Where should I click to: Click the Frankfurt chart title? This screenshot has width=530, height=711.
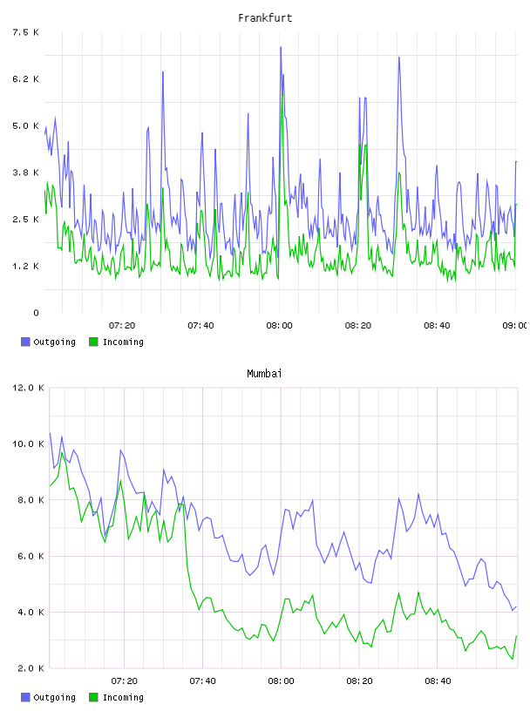click(x=265, y=18)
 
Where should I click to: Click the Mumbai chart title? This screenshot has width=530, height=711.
click(x=264, y=374)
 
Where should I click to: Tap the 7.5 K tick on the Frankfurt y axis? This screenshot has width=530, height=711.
click(x=26, y=32)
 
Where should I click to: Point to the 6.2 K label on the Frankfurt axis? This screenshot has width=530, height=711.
click(x=26, y=79)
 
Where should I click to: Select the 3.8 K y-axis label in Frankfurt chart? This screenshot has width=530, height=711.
click(x=26, y=173)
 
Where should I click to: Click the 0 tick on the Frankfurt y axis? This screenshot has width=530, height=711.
click(x=37, y=313)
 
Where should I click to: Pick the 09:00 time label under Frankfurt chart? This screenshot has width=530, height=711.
click(x=515, y=326)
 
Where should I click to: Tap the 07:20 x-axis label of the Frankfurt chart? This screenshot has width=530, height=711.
click(x=122, y=326)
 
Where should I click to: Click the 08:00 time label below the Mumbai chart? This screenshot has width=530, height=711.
click(x=281, y=681)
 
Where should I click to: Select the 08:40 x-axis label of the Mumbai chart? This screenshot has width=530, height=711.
click(x=438, y=681)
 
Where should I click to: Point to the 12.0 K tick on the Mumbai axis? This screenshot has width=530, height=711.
click(x=28, y=388)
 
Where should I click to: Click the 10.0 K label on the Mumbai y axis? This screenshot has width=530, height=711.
click(x=28, y=444)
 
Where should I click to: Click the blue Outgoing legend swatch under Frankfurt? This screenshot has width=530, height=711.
click(x=25, y=342)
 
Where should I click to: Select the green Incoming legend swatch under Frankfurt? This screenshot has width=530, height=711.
click(x=93, y=342)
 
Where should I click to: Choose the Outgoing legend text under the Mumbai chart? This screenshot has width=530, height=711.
click(x=54, y=697)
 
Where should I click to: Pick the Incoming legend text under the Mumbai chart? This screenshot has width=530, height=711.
click(x=123, y=697)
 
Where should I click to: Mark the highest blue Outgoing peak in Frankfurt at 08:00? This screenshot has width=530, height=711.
click(x=281, y=47)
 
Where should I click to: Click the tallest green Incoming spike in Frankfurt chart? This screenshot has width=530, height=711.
click(x=282, y=93)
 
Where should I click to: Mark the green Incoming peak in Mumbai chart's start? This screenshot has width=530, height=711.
click(x=62, y=452)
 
